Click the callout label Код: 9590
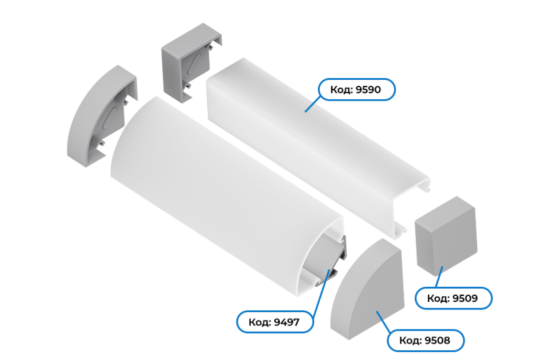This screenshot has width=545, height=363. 357,89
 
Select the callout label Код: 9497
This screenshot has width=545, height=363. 275,322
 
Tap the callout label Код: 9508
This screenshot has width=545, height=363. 426,340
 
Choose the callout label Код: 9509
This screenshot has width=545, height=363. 454,298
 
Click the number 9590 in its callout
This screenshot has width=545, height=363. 368,90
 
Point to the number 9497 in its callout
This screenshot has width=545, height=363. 287,322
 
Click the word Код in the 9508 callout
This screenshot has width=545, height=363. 410,341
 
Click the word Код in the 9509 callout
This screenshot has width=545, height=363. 438,298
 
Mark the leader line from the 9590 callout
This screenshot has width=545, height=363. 312,104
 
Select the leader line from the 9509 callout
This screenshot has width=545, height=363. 439,277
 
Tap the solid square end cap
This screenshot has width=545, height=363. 446,236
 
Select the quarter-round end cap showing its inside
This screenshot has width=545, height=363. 102,116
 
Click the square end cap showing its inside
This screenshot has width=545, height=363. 192,63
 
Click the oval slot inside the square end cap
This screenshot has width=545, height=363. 194,64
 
